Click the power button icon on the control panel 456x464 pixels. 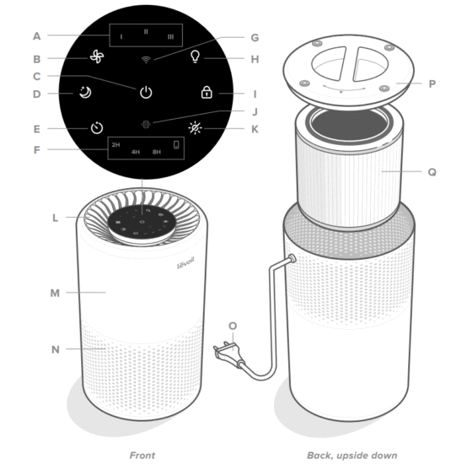tap(146, 92)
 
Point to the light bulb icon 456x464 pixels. tap(196, 57)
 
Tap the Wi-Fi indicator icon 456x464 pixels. tap(147, 59)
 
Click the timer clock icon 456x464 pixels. tap(98, 129)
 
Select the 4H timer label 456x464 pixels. tap(135, 153)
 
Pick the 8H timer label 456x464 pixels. tap(157, 153)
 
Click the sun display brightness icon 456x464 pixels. tap(196, 129)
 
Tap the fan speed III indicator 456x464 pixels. tap(170, 37)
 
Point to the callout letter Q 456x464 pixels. tap(432, 170)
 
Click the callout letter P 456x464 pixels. tap(432, 84)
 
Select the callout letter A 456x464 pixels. tap(36, 35)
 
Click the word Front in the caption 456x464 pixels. tap(142, 455)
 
